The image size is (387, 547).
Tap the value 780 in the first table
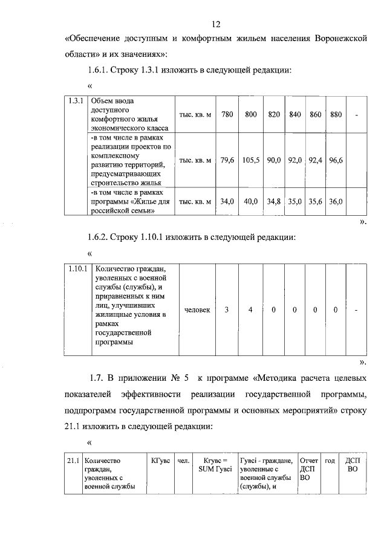click(x=227, y=114)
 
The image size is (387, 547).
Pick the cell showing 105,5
click(x=250, y=161)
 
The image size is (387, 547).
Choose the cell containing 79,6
click(x=227, y=161)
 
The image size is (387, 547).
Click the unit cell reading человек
click(x=197, y=309)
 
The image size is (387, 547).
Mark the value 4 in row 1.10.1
click(x=250, y=309)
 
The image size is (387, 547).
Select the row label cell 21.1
click(x=73, y=461)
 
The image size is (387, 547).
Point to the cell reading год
click(x=330, y=461)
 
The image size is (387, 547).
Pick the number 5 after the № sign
click(x=187, y=379)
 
